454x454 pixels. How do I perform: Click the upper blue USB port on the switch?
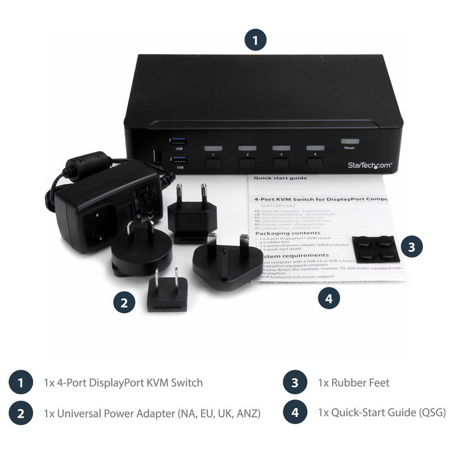[x=178, y=140]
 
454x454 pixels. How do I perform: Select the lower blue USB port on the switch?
[x=178, y=159]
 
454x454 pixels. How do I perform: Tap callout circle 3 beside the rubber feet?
[x=412, y=247]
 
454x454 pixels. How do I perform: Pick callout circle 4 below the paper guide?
[x=329, y=299]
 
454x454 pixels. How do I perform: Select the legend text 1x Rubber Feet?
[x=353, y=383]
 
